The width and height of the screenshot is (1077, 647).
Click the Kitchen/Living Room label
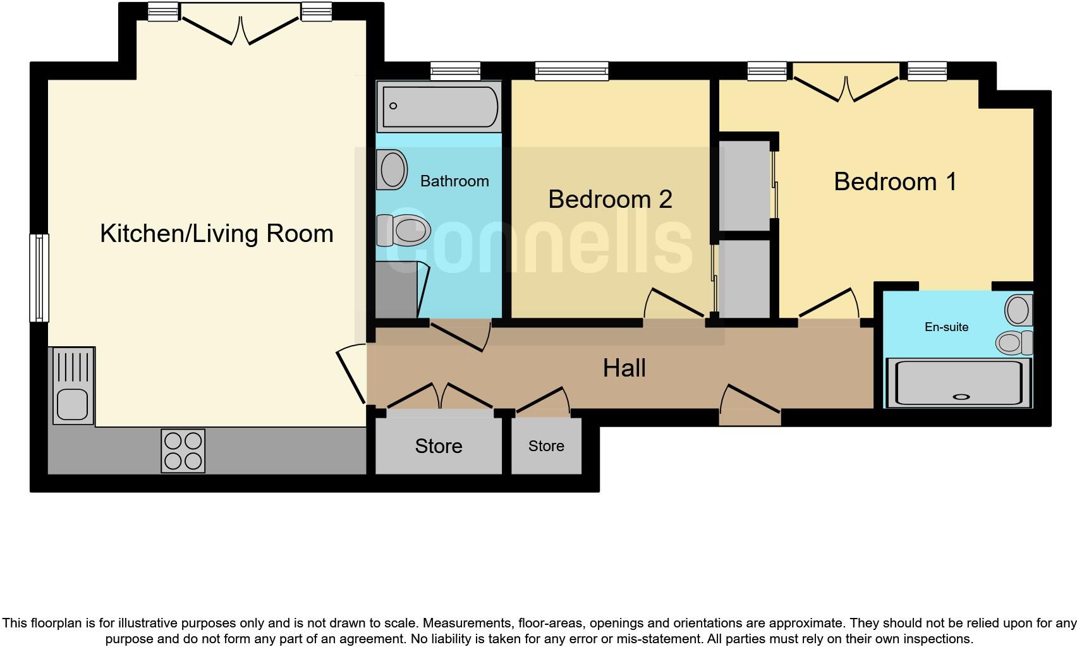[216, 234]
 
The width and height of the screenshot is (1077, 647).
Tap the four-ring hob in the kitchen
[183, 450]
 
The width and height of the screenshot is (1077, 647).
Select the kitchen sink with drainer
[72, 385]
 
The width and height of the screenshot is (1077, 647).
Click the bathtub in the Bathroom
[439, 106]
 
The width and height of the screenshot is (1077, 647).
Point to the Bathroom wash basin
[392, 169]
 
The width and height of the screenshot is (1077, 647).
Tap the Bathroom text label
[454, 181]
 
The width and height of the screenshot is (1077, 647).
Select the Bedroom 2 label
[610, 200]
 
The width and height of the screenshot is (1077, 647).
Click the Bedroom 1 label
[895, 182]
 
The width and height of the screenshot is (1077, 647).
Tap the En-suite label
[946, 327]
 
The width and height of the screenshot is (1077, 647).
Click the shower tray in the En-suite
[959, 382]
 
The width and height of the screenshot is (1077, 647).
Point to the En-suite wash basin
[1018, 310]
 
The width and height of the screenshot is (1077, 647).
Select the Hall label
[624, 368]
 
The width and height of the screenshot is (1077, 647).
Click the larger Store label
[439, 446]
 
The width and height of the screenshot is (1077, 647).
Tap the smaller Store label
[546, 446]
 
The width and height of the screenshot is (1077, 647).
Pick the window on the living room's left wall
[39, 277]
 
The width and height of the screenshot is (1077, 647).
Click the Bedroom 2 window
[571, 71]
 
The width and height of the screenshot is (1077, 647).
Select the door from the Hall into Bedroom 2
[674, 306]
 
